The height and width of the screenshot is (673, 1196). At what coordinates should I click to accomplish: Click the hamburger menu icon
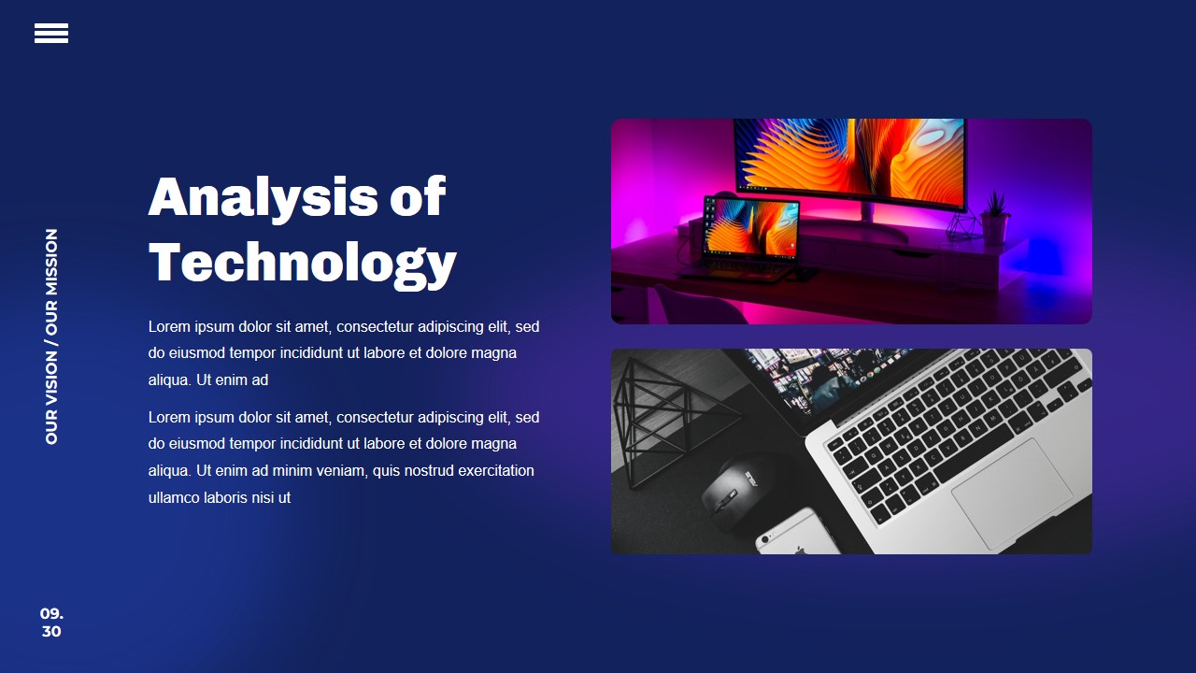pos(51,33)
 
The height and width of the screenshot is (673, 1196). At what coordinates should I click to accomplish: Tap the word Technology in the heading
pos(302,263)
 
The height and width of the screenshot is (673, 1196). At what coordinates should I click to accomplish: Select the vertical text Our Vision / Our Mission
pos(51,336)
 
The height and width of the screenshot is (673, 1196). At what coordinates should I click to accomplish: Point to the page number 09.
pos(51,613)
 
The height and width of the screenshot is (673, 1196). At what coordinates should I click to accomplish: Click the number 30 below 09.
pos(51,632)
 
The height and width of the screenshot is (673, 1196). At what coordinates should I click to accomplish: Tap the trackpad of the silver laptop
pos(1012,492)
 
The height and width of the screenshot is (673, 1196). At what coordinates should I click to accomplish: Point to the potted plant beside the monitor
pos(995,219)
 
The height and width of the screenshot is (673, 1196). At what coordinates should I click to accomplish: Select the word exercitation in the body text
pos(496,470)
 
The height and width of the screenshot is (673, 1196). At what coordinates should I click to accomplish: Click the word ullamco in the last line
pos(174,497)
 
